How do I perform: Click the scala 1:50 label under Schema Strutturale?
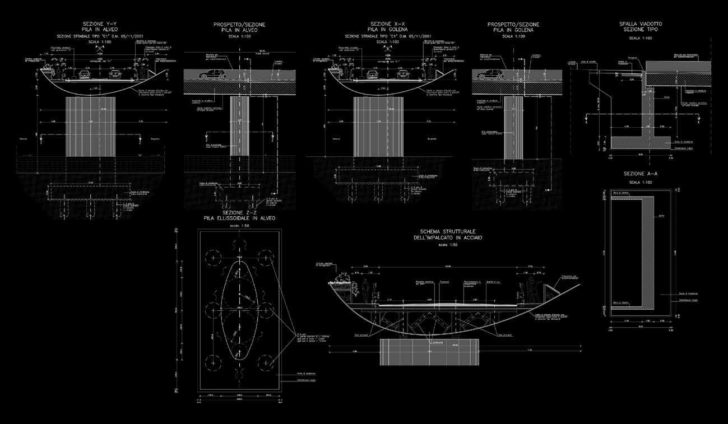447,245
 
